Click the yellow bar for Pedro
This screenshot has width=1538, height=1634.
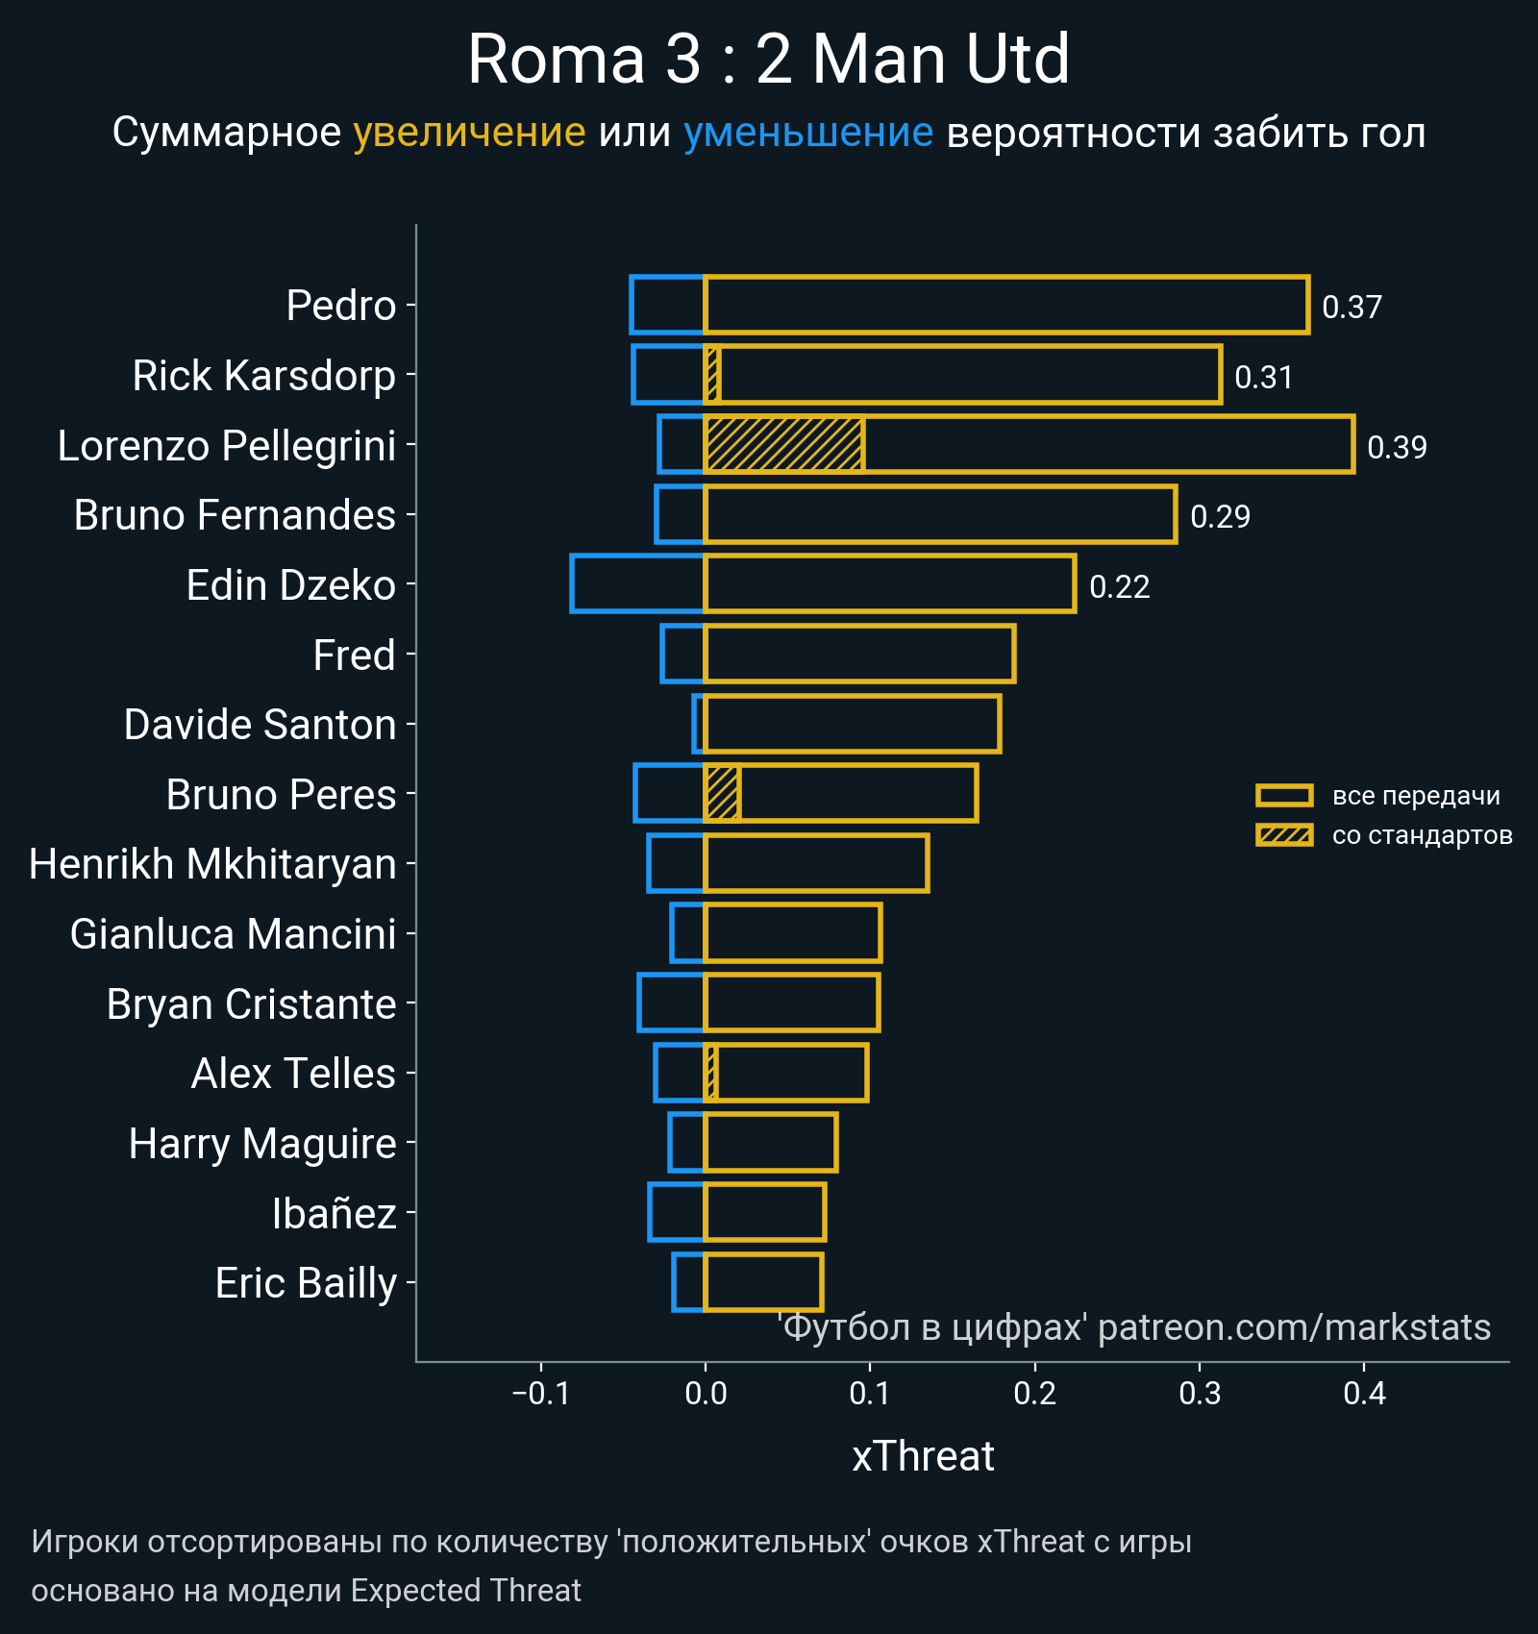tap(1005, 305)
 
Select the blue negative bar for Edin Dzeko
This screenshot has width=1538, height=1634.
tap(637, 583)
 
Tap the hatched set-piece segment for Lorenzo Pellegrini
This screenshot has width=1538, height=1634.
tap(783, 444)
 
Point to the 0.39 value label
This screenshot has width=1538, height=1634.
tap(1397, 447)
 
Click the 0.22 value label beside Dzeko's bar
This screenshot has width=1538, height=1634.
tap(1119, 586)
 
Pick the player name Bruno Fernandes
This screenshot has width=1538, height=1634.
tap(235, 515)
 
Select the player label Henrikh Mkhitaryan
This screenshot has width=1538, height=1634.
tap(212, 864)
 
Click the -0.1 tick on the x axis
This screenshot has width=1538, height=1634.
tap(541, 1393)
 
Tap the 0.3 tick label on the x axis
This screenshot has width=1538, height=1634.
tap(1200, 1393)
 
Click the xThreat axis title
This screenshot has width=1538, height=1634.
tap(923, 1456)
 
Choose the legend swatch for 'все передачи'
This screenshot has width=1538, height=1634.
tap(1284, 796)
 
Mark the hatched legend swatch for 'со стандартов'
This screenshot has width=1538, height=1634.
tap(1284, 835)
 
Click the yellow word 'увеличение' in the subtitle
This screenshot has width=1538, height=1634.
tap(469, 133)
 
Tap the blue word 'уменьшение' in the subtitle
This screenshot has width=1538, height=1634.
tap(807, 133)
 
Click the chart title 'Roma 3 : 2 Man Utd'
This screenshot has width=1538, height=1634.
tap(768, 60)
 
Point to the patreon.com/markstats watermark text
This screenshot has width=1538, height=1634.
tap(1294, 1327)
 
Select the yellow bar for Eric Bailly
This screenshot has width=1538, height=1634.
tap(763, 1282)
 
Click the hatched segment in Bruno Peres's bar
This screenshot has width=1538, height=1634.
tap(722, 794)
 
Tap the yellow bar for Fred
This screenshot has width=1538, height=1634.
tap(859, 654)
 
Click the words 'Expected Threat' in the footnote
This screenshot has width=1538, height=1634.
tap(465, 1591)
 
